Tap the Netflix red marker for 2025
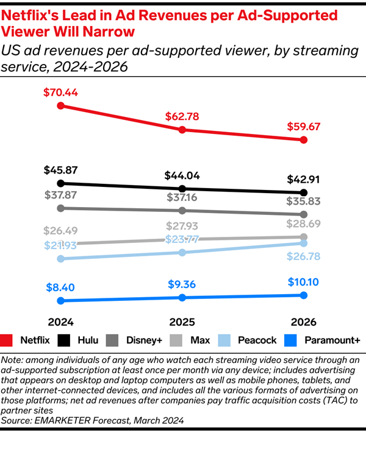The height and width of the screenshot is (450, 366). pyautogui.click(x=182, y=130)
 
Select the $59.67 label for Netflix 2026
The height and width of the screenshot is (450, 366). pyautogui.click(x=304, y=127)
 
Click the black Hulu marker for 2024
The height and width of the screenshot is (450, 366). pyautogui.click(x=60, y=183)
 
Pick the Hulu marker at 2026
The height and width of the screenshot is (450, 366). pyautogui.click(x=304, y=192)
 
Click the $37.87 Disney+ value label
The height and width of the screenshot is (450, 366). pyautogui.click(x=60, y=195)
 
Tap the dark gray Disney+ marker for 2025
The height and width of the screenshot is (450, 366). pyautogui.click(x=182, y=211)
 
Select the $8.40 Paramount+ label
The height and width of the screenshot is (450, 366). pyautogui.click(x=60, y=287)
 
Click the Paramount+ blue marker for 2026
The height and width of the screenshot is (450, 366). pyautogui.click(x=304, y=295)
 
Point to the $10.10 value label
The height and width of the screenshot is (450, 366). pyautogui.click(x=304, y=282)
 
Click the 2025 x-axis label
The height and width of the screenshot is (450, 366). pyautogui.click(x=182, y=322)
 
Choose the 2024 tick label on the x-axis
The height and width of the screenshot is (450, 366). pyautogui.click(x=60, y=322)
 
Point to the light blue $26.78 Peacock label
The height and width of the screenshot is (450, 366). pyautogui.click(x=304, y=256)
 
